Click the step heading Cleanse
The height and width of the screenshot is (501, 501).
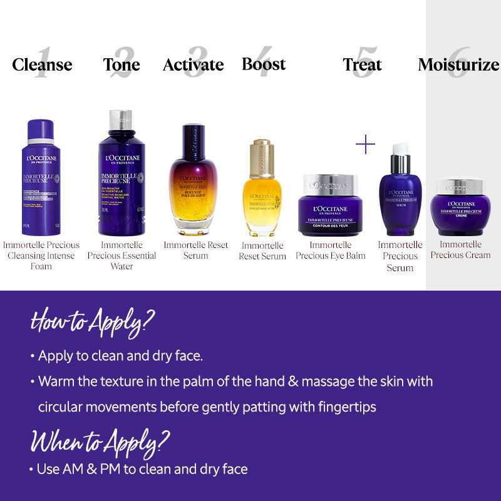tap(42, 65)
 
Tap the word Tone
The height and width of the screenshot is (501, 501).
tap(121, 65)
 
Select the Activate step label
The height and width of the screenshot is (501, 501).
tap(193, 65)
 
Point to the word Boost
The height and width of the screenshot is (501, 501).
tap(264, 64)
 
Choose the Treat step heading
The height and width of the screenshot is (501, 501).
tap(362, 65)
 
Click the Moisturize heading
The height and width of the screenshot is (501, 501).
tap(458, 65)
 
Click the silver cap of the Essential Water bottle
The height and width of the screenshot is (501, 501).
tap(121, 119)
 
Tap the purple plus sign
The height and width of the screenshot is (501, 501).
tap(365, 145)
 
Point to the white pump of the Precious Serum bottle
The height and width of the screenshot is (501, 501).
tap(400, 149)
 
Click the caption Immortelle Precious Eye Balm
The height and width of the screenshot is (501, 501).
tap(330, 250)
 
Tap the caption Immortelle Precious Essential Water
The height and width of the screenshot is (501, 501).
tap(121, 256)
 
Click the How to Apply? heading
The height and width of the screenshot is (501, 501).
tap(93, 322)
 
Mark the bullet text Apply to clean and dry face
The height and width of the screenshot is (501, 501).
tap(120, 356)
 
